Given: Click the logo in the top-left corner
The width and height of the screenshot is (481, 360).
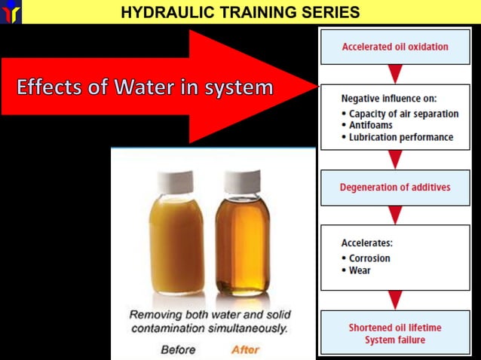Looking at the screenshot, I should (x=11, y=11).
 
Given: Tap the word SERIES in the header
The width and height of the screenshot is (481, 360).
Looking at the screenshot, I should (x=329, y=12).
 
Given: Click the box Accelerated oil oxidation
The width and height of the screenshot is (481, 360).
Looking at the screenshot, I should (x=394, y=47).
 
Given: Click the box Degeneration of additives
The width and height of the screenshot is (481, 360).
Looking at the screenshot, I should (x=394, y=188).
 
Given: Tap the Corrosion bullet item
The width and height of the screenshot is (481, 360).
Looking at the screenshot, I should (x=369, y=258).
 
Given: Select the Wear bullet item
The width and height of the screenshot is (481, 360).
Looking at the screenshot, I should (x=360, y=270).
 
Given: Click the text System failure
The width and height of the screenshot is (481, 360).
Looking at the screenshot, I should (x=394, y=340).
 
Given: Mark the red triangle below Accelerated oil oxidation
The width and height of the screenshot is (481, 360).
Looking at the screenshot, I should (x=394, y=74).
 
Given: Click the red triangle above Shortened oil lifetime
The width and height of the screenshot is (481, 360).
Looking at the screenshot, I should (x=394, y=301).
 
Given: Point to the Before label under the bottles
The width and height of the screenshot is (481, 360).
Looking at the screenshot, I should (x=177, y=349).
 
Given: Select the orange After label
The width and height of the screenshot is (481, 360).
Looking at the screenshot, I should (x=245, y=349).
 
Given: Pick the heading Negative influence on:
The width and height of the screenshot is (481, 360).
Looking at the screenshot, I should (x=388, y=99).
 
